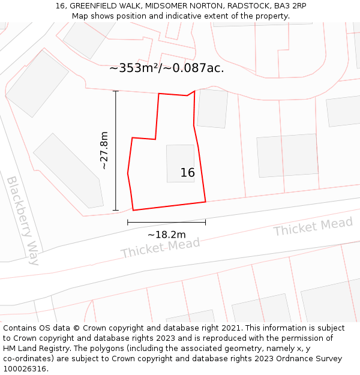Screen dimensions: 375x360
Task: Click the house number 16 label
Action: [x=187, y=173]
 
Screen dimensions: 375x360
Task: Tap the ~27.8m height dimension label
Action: [x=104, y=150]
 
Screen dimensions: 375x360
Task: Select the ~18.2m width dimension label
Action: [x=166, y=235]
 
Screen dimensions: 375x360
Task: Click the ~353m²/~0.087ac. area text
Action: [x=166, y=68]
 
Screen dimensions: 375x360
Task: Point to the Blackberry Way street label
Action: [x=23, y=220]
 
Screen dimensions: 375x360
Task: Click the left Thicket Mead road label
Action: [x=160, y=247]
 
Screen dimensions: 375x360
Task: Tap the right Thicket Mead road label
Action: [x=313, y=227]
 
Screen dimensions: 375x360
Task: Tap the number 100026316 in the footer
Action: [x=23, y=369]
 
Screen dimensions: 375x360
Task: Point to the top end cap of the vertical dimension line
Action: [x=116, y=91]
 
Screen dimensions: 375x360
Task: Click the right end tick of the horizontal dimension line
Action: [x=205, y=222]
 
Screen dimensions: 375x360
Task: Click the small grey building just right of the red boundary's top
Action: [x=212, y=108]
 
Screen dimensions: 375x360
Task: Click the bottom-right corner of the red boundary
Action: [x=205, y=202]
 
